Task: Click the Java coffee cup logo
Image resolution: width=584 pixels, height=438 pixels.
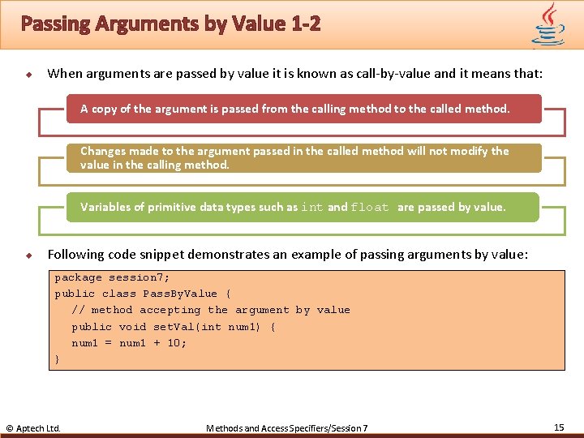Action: tap(549, 24)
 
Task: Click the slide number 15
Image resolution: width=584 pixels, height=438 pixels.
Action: tap(559, 427)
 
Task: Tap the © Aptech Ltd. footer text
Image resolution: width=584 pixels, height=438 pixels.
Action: tap(33, 427)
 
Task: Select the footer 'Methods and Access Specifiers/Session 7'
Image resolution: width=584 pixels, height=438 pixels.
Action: tap(287, 427)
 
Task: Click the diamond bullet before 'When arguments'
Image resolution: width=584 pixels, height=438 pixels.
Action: tap(28, 75)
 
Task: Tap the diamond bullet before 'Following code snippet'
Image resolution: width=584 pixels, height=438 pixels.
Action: tap(28, 255)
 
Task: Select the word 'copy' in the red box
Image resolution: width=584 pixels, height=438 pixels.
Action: tap(105, 109)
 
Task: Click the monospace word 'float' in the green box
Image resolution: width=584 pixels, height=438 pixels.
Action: tap(370, 208)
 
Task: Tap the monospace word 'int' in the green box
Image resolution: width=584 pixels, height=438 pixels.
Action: tap(312, 208)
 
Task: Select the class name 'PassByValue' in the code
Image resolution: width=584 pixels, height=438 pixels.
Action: tap(180, 294)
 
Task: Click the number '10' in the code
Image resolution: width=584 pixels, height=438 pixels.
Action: tap(175, 343)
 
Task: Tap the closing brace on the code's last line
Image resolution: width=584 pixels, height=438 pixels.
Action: tap(57, 359)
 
